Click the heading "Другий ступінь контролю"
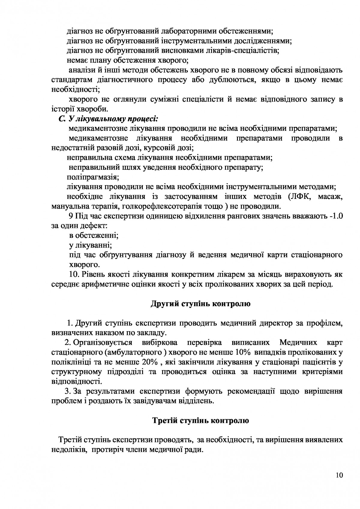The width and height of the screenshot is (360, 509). coord(200,304)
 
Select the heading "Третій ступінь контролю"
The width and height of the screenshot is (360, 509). coord(201,421)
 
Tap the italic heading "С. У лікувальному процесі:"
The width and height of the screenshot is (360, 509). coord(108,119)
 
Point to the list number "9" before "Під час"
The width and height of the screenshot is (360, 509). coord(71,216)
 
